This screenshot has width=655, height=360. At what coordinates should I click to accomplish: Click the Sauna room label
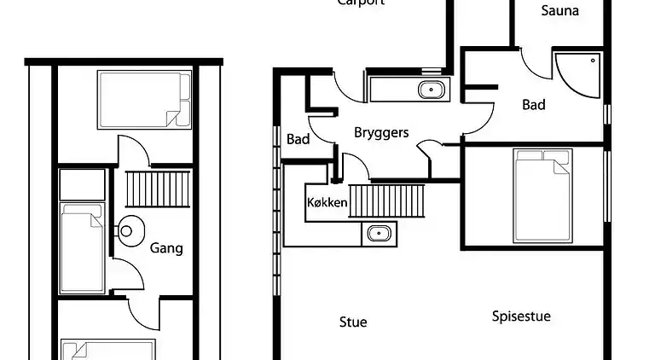pyautogui.click(x=560, y=11)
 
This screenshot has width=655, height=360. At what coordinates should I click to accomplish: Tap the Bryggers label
pyautogui.click(x=381, y=132)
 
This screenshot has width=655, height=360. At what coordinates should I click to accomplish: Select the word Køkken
pyautogui.click(x=327, y=203)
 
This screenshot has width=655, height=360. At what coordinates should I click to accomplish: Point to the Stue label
pyautogui.click(x=353, y=322)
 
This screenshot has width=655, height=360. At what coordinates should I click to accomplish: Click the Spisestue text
pyautogui.click(x=521, y=316)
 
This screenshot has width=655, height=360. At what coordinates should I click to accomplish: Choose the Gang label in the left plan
pyautogui.click(x=166, y=248)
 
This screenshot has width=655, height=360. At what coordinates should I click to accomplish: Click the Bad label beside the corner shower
pyautogui.click(x=534, y=105)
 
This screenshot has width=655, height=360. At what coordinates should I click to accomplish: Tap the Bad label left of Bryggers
pyautogui.click(x=298, y=138)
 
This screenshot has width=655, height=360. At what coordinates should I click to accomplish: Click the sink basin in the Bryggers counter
pyautogui.click(x=432, y=88)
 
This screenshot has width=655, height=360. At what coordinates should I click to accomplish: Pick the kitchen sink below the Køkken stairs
pyautogui.click(x=378, y=232)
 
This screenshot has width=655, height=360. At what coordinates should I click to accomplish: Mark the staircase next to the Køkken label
pyautogui.click(x=386, y=201)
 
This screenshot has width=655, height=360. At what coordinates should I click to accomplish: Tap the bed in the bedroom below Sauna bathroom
pyautogui.click(x=541, y=195)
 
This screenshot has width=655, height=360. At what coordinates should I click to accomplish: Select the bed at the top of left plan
pyautogui.click(x=144, y=100)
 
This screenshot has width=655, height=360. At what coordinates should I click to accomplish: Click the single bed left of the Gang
pyautogui.click(x=82, y=248)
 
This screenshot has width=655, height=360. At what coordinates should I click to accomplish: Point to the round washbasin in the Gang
pyautogui.click(x=127, y=231)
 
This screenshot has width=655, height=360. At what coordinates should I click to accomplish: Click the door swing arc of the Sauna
pyautogui.click(x=534, y=65)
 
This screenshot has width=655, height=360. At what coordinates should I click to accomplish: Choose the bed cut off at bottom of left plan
pyautogui.click(x=107, y=350)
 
